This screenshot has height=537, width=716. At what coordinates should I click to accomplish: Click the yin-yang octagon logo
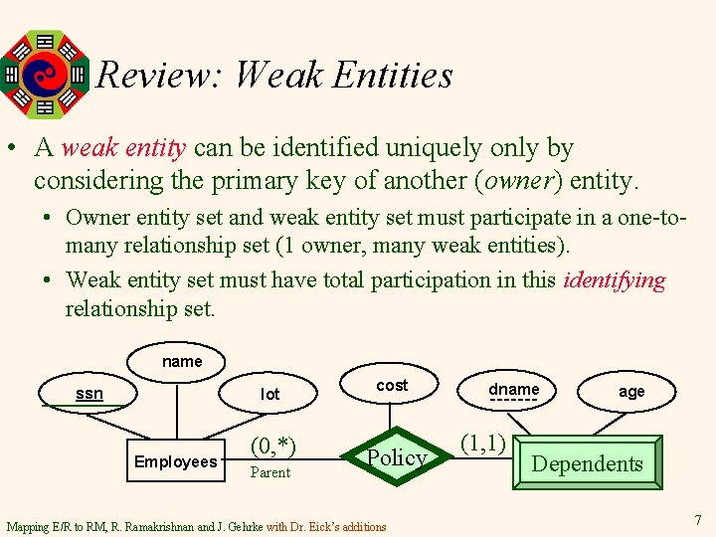pos(45,73)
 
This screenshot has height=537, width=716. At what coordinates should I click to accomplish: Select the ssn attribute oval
pos(89,394)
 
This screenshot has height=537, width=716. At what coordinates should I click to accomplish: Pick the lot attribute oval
pos(270,394)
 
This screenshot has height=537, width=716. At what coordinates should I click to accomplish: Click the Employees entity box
pos(176,461)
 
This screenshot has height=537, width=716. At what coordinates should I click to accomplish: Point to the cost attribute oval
pos(392,385)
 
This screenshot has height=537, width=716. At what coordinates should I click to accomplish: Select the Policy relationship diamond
pos(397,457)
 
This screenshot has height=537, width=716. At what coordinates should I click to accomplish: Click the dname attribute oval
pos(514,390)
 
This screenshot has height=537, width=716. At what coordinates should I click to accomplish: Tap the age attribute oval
pos(631,391)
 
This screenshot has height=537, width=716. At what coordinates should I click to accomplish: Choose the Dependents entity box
pos(587,463)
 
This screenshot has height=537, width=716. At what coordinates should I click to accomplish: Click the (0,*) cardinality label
pos(272,445)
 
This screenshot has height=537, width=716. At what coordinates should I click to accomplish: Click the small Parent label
pos(270,472)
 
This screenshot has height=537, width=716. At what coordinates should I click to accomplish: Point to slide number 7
pos(697,520)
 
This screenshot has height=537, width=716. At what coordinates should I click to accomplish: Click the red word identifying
pos(614,280)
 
